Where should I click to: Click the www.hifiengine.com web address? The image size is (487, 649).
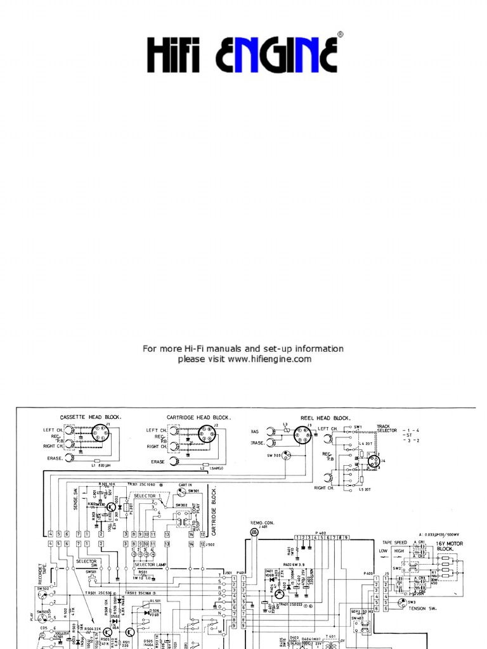pos(269,359)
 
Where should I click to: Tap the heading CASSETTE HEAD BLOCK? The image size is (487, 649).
pos(91,417)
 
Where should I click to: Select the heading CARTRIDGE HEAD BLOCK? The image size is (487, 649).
pos(198,417)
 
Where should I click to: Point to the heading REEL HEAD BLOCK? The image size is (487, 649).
pos(324,418)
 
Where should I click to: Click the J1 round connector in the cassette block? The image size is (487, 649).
pos(100,434)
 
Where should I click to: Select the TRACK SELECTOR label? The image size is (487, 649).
pos(387,428)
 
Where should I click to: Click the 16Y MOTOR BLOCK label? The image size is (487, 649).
pos(449,546)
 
